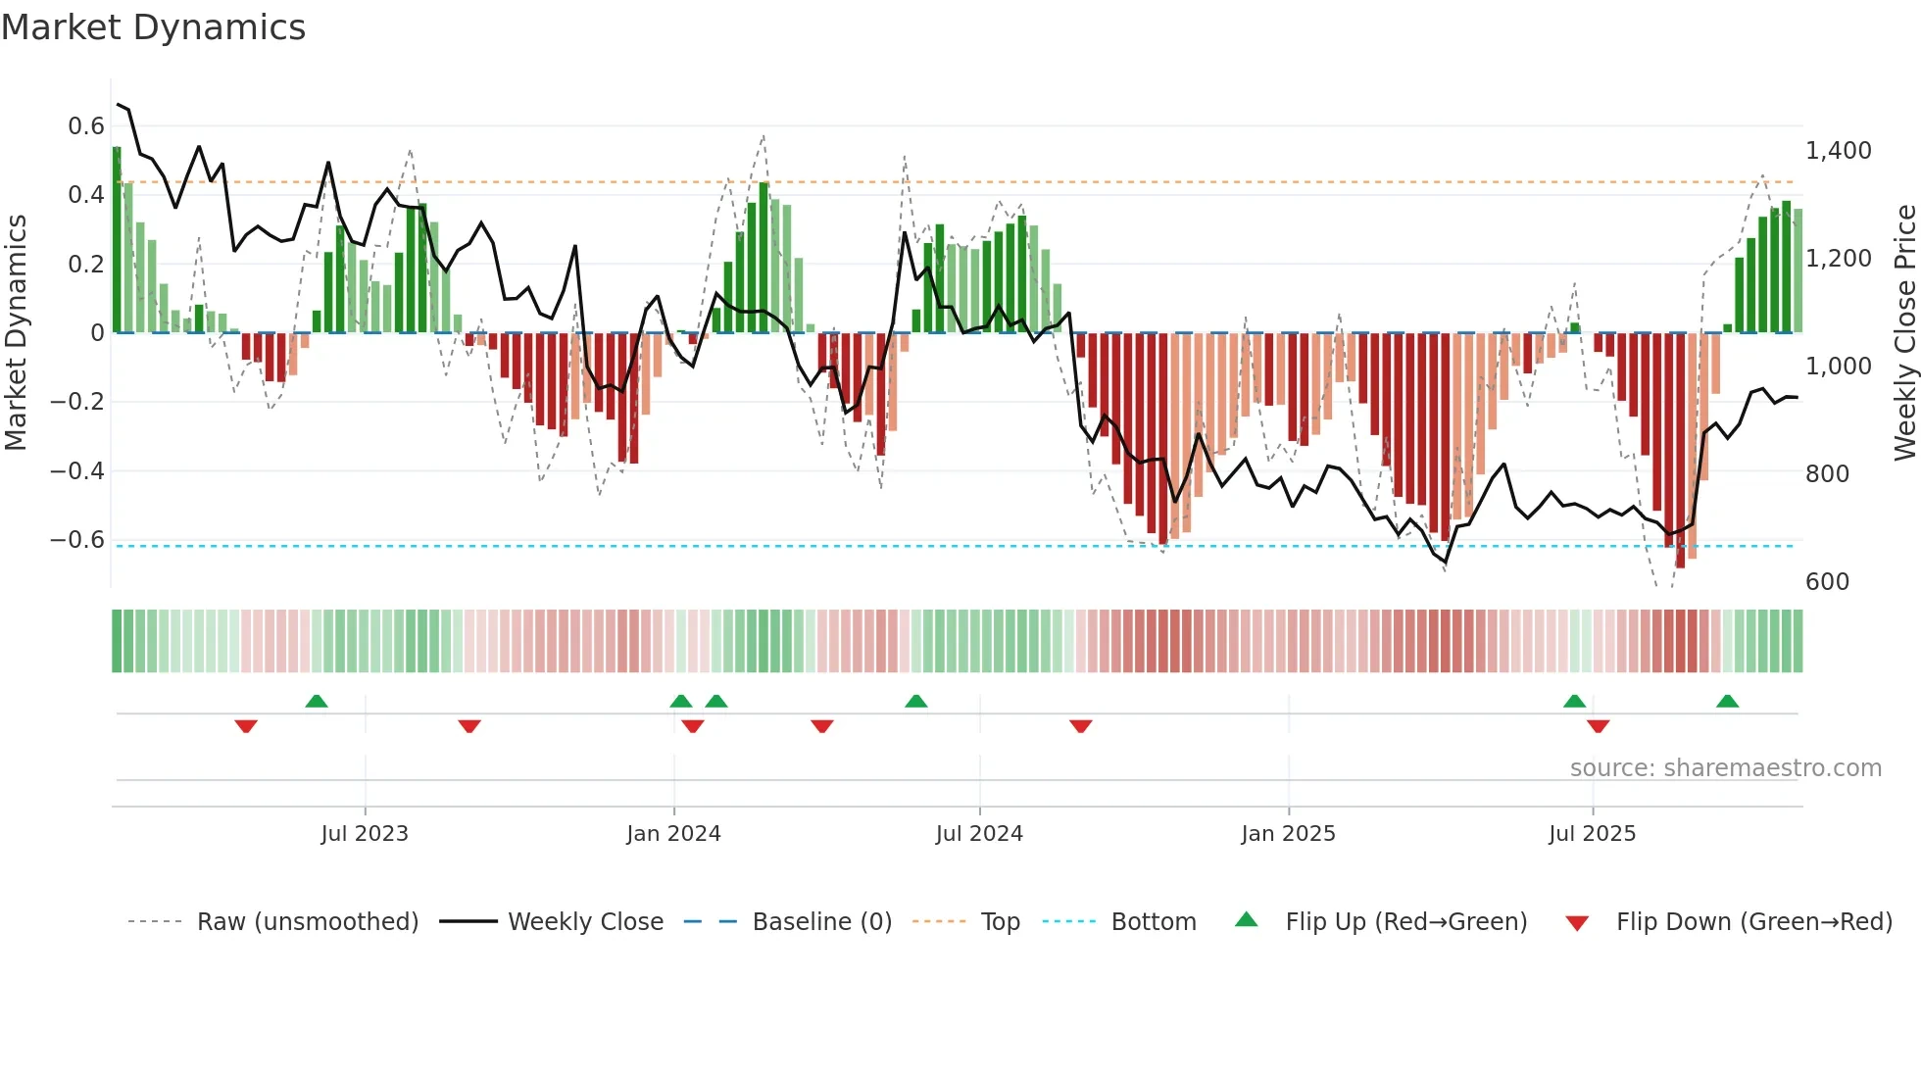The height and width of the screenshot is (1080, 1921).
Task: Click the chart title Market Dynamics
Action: point(153,27)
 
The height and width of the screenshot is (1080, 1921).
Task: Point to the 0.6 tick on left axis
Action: point(86,126)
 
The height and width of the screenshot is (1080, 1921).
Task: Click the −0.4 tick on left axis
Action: point(77,471)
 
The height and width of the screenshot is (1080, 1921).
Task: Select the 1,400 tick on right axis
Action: point(1838,151)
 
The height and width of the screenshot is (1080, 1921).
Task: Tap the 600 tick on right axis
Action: point(1827,582)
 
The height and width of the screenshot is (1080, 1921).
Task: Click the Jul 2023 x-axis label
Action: point(365,834)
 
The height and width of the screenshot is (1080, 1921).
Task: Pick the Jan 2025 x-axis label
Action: point(1288,834)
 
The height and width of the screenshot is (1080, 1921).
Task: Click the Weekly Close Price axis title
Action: point(1904,333)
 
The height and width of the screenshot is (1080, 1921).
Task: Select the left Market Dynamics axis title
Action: point(17,333)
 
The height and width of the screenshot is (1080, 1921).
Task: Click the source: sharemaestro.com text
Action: point(1725,768)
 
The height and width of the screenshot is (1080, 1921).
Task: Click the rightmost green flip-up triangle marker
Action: point(1727,702)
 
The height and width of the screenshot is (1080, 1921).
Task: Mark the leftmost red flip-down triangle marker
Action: point(246,725)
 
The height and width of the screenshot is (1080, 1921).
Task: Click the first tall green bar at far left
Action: point(117,240)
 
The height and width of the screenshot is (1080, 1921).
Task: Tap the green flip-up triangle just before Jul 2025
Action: point(1574,702)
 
